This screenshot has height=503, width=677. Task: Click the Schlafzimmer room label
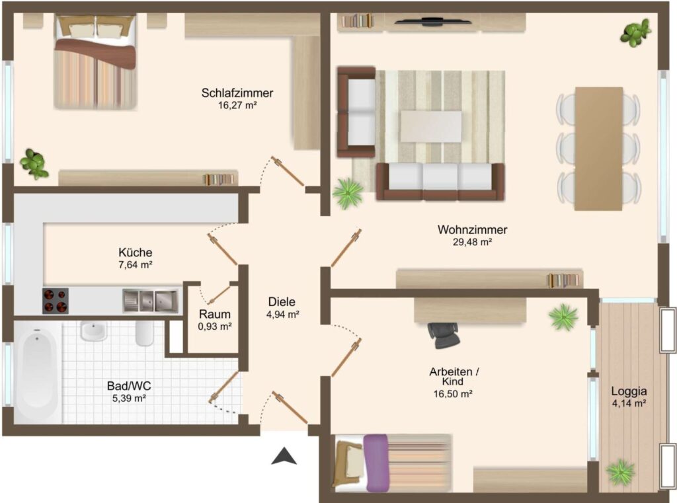pos(237,93)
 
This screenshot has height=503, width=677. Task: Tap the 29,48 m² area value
pos(472,242)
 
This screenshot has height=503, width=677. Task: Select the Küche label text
pos(135,252)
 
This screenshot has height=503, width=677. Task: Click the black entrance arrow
pos(284,456)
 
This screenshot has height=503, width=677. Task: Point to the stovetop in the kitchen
pos(56,301)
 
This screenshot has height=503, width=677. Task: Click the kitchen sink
pos(150,301)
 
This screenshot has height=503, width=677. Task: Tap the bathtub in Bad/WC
pos(38,373)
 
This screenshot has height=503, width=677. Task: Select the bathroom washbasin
pos(93,332)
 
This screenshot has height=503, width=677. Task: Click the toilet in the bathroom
pos(143,333)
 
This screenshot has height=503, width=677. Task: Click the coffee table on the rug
pos(430,126)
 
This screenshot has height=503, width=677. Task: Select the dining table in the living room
pos(598,149)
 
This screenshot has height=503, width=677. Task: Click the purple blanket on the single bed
pos(376,463)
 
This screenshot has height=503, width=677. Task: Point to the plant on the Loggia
pos(620,472)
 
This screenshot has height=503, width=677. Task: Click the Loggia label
pos(629,391)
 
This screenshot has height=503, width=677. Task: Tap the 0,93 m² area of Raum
pos(215,327)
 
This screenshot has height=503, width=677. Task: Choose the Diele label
pos(282,302)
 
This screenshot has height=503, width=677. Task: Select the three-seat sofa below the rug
pos(440,182)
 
